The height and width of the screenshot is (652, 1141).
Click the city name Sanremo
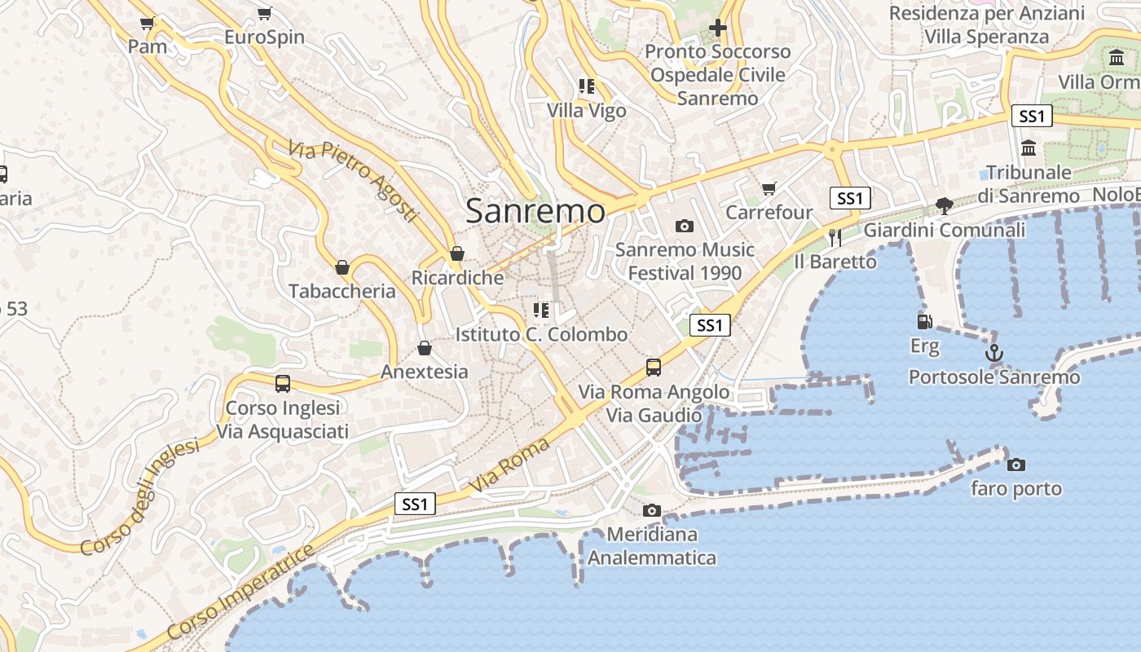[x=535, y=211]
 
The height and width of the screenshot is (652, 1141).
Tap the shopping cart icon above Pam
[x=147, y=23]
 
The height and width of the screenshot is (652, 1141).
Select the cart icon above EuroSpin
[x=264, y=13]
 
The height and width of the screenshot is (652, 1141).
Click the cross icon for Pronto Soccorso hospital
[x=717, y=28]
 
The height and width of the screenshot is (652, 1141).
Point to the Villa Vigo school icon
[x=586, y=86]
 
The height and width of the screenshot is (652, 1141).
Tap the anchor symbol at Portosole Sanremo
[x=993, y=354]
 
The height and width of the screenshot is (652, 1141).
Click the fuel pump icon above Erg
[x=924, y=322]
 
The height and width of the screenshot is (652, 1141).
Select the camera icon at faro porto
[x=1015, y=465]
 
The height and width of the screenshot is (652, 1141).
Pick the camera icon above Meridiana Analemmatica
[x=651, y=511]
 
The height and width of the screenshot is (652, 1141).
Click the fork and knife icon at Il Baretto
[x=835, y=237]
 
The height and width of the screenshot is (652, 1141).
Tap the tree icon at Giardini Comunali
[x=945, y=205]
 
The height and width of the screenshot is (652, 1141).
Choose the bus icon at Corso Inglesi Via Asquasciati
[x=283, y=383]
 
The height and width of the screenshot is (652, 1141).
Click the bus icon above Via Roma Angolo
[x=654, y=368]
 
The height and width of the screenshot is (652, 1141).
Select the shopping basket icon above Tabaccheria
[x=342, y=267]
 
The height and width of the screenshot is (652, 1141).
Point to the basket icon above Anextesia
[x=424, y=349]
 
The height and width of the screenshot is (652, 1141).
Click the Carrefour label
[x=769, y=213]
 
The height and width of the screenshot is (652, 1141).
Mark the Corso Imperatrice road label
[x=240, y=592]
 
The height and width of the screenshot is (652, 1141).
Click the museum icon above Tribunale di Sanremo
[x=1029, y=148]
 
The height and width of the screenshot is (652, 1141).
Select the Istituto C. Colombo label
[x=541, y=334]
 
